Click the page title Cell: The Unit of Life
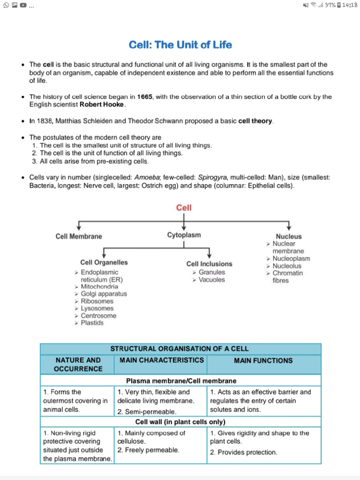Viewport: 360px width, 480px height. coord(180,45)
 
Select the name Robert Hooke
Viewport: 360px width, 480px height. coord(102,105)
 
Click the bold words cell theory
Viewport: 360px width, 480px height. coord(255,121)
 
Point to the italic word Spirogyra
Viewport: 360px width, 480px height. coord(213,178)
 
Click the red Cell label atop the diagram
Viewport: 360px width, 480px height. coord(184,208)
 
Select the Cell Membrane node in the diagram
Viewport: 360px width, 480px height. coord(79,236)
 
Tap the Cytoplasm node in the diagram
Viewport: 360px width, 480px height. coord(184,235)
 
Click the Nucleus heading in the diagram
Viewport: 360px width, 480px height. coord(289,237)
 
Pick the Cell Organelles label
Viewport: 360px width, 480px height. coord(104,262)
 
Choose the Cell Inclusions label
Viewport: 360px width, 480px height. coord(209,264)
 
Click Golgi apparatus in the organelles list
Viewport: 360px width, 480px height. coord(104,294)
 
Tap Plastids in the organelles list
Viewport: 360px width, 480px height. coord(92,323)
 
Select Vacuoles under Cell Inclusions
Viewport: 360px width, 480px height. coord(211,280)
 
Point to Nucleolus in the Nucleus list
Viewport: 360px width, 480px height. coord(287,266)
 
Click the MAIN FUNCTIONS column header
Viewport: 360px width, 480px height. coord(263,360)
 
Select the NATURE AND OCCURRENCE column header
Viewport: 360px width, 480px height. coord(78,365)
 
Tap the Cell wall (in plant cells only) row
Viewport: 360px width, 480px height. coord(180,421)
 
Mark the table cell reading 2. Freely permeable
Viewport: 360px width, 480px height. coord(148,450)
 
